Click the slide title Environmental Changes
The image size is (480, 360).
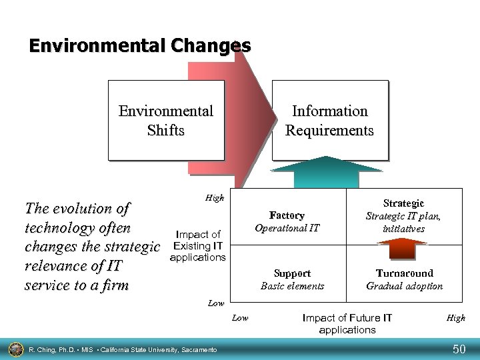pos(140,46)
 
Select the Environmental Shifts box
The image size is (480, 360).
pos(166,121)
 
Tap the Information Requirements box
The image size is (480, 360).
pos(329,121)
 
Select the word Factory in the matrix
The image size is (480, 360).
pos(287,215)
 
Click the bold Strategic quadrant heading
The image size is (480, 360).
pos(404,203)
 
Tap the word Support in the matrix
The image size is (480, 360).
pos(292,273)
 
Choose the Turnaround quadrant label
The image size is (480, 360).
pos(404,273)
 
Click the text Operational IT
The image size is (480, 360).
pos(287,228)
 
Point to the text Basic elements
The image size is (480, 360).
pos(292,286)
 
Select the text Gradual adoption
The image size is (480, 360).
pos(404,286)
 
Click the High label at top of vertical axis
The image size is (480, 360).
pos(215,198)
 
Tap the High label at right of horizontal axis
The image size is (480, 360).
pos(456,318)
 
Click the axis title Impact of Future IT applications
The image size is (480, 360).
pos(347,323)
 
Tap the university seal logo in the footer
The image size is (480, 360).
pos(14,348)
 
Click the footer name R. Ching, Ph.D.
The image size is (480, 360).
pos(53,349)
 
